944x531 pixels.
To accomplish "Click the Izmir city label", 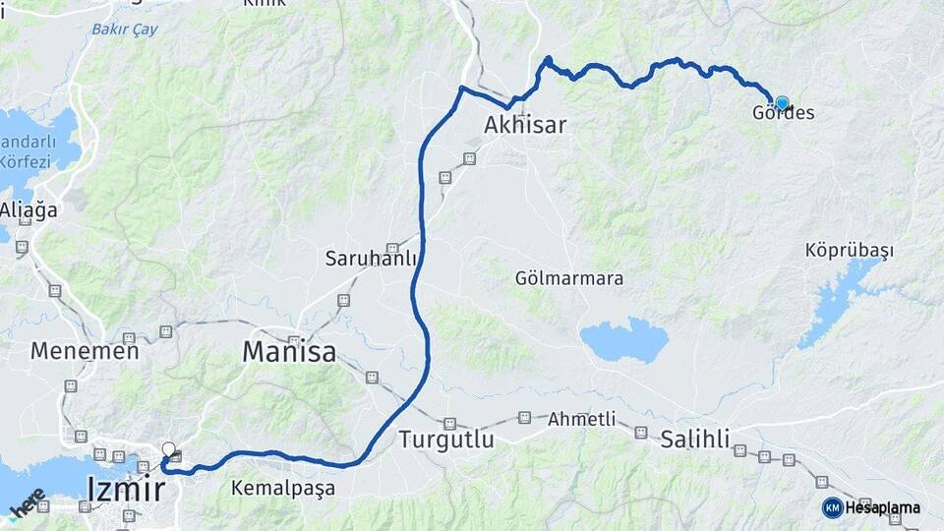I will point(126,488).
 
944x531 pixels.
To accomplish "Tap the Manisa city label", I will point(289,351).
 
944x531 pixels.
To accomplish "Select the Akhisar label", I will point(526,125).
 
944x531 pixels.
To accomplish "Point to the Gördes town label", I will point(784,113).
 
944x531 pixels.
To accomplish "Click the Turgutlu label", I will point(446,440).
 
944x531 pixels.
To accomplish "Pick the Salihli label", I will point(696,439).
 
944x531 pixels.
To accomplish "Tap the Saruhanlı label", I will point(371,260).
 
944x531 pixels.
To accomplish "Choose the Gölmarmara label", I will point(569,278).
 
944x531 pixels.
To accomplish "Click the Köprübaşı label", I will point(850,251).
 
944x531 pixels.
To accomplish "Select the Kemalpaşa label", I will point(283,488).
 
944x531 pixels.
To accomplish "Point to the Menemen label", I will point(85,350).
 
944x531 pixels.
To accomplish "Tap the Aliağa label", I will point(29,210).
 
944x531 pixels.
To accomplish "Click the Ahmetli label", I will point(583,419).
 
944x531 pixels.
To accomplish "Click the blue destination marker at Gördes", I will point(782,102).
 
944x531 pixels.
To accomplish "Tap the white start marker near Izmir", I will point(168,450).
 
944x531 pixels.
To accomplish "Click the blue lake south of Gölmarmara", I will point(623,339).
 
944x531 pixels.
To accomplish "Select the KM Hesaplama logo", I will point(871,507).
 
